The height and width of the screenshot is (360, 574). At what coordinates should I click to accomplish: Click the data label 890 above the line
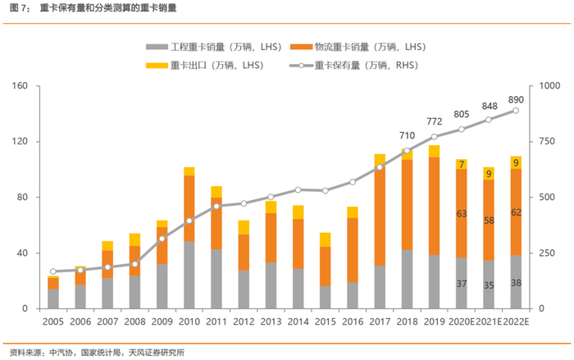[516, 99]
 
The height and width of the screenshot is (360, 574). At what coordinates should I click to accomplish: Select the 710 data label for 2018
[408, 136]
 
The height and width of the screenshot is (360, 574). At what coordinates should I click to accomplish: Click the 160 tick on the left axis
[21, 86]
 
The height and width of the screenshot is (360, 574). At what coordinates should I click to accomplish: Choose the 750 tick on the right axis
[548, 142]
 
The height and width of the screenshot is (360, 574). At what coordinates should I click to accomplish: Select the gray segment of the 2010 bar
[189, 275]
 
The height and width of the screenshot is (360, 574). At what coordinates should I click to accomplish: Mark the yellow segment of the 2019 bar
[434, 151]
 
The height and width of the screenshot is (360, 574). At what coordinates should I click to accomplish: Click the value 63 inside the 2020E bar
[461, 214]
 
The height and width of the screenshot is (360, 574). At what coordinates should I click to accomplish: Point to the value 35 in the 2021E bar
[488, 285]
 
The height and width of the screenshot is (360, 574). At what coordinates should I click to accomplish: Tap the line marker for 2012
[243, 203]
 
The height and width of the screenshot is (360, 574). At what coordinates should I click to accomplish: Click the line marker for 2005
[52, 271]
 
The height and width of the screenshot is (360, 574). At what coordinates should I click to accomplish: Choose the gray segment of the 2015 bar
[325, 297]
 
